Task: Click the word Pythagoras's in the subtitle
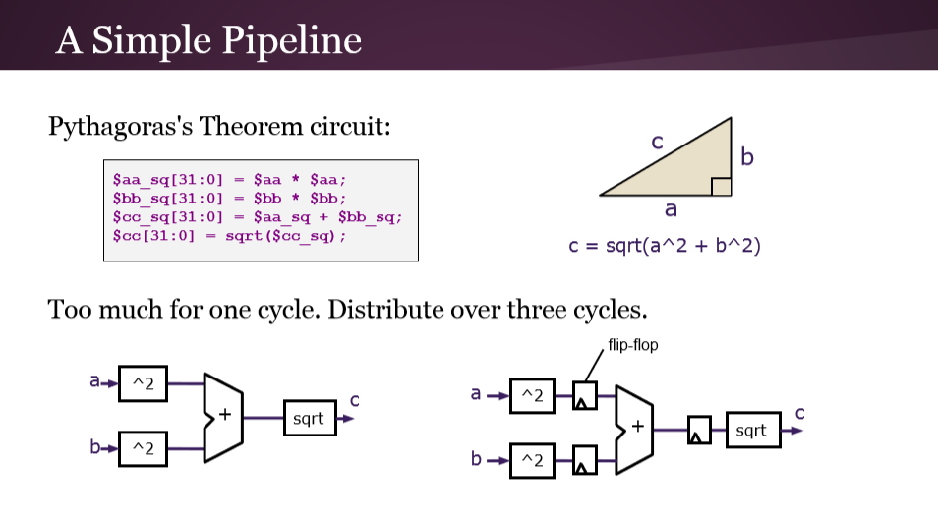[x=120, y=127]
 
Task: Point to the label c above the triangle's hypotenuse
[x=657, y=143]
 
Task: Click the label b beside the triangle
[x=747, y=157]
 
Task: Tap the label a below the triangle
[x=672, y=209]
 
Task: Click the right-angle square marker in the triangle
[x=721, y=187]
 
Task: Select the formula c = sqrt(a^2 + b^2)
[x=665, y=245]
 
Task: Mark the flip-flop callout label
[x=632, y=345]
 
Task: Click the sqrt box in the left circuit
[x=308, y=419]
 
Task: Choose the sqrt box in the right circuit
[x=752, y=431]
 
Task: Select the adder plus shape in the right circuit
[x=634, y=427]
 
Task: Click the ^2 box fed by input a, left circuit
[x=144, y=382]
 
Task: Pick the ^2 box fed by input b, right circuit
[x=532, y=459]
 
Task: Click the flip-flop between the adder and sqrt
[x=699, y=431]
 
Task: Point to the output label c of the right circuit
[x=799, y=413]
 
